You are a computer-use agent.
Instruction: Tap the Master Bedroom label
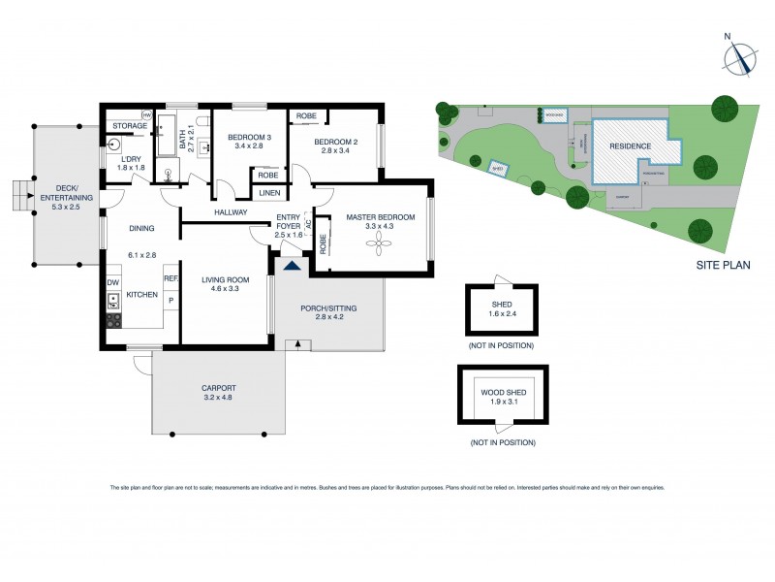[x=381, y=217]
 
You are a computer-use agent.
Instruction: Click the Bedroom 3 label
[x=253, y=138]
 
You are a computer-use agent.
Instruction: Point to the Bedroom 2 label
[x=336, y=143]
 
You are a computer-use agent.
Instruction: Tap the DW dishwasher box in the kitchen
[x=112, y=281]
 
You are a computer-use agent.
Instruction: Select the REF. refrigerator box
[x=170, y=278]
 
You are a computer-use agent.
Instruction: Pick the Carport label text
[x=219, y=387]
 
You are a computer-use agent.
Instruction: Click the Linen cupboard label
[x=269, y=192]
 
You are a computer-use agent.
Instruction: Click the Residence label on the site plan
[x=630, y=146]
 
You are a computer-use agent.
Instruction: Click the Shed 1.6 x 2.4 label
[x=502, y=308]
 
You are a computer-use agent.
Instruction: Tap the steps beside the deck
[x=22, y=195]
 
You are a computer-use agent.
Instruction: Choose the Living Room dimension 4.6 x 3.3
[x=220, y=288]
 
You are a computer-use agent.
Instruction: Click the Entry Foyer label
[x=289, y=222]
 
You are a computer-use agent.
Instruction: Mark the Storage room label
[x=129, y=126]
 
